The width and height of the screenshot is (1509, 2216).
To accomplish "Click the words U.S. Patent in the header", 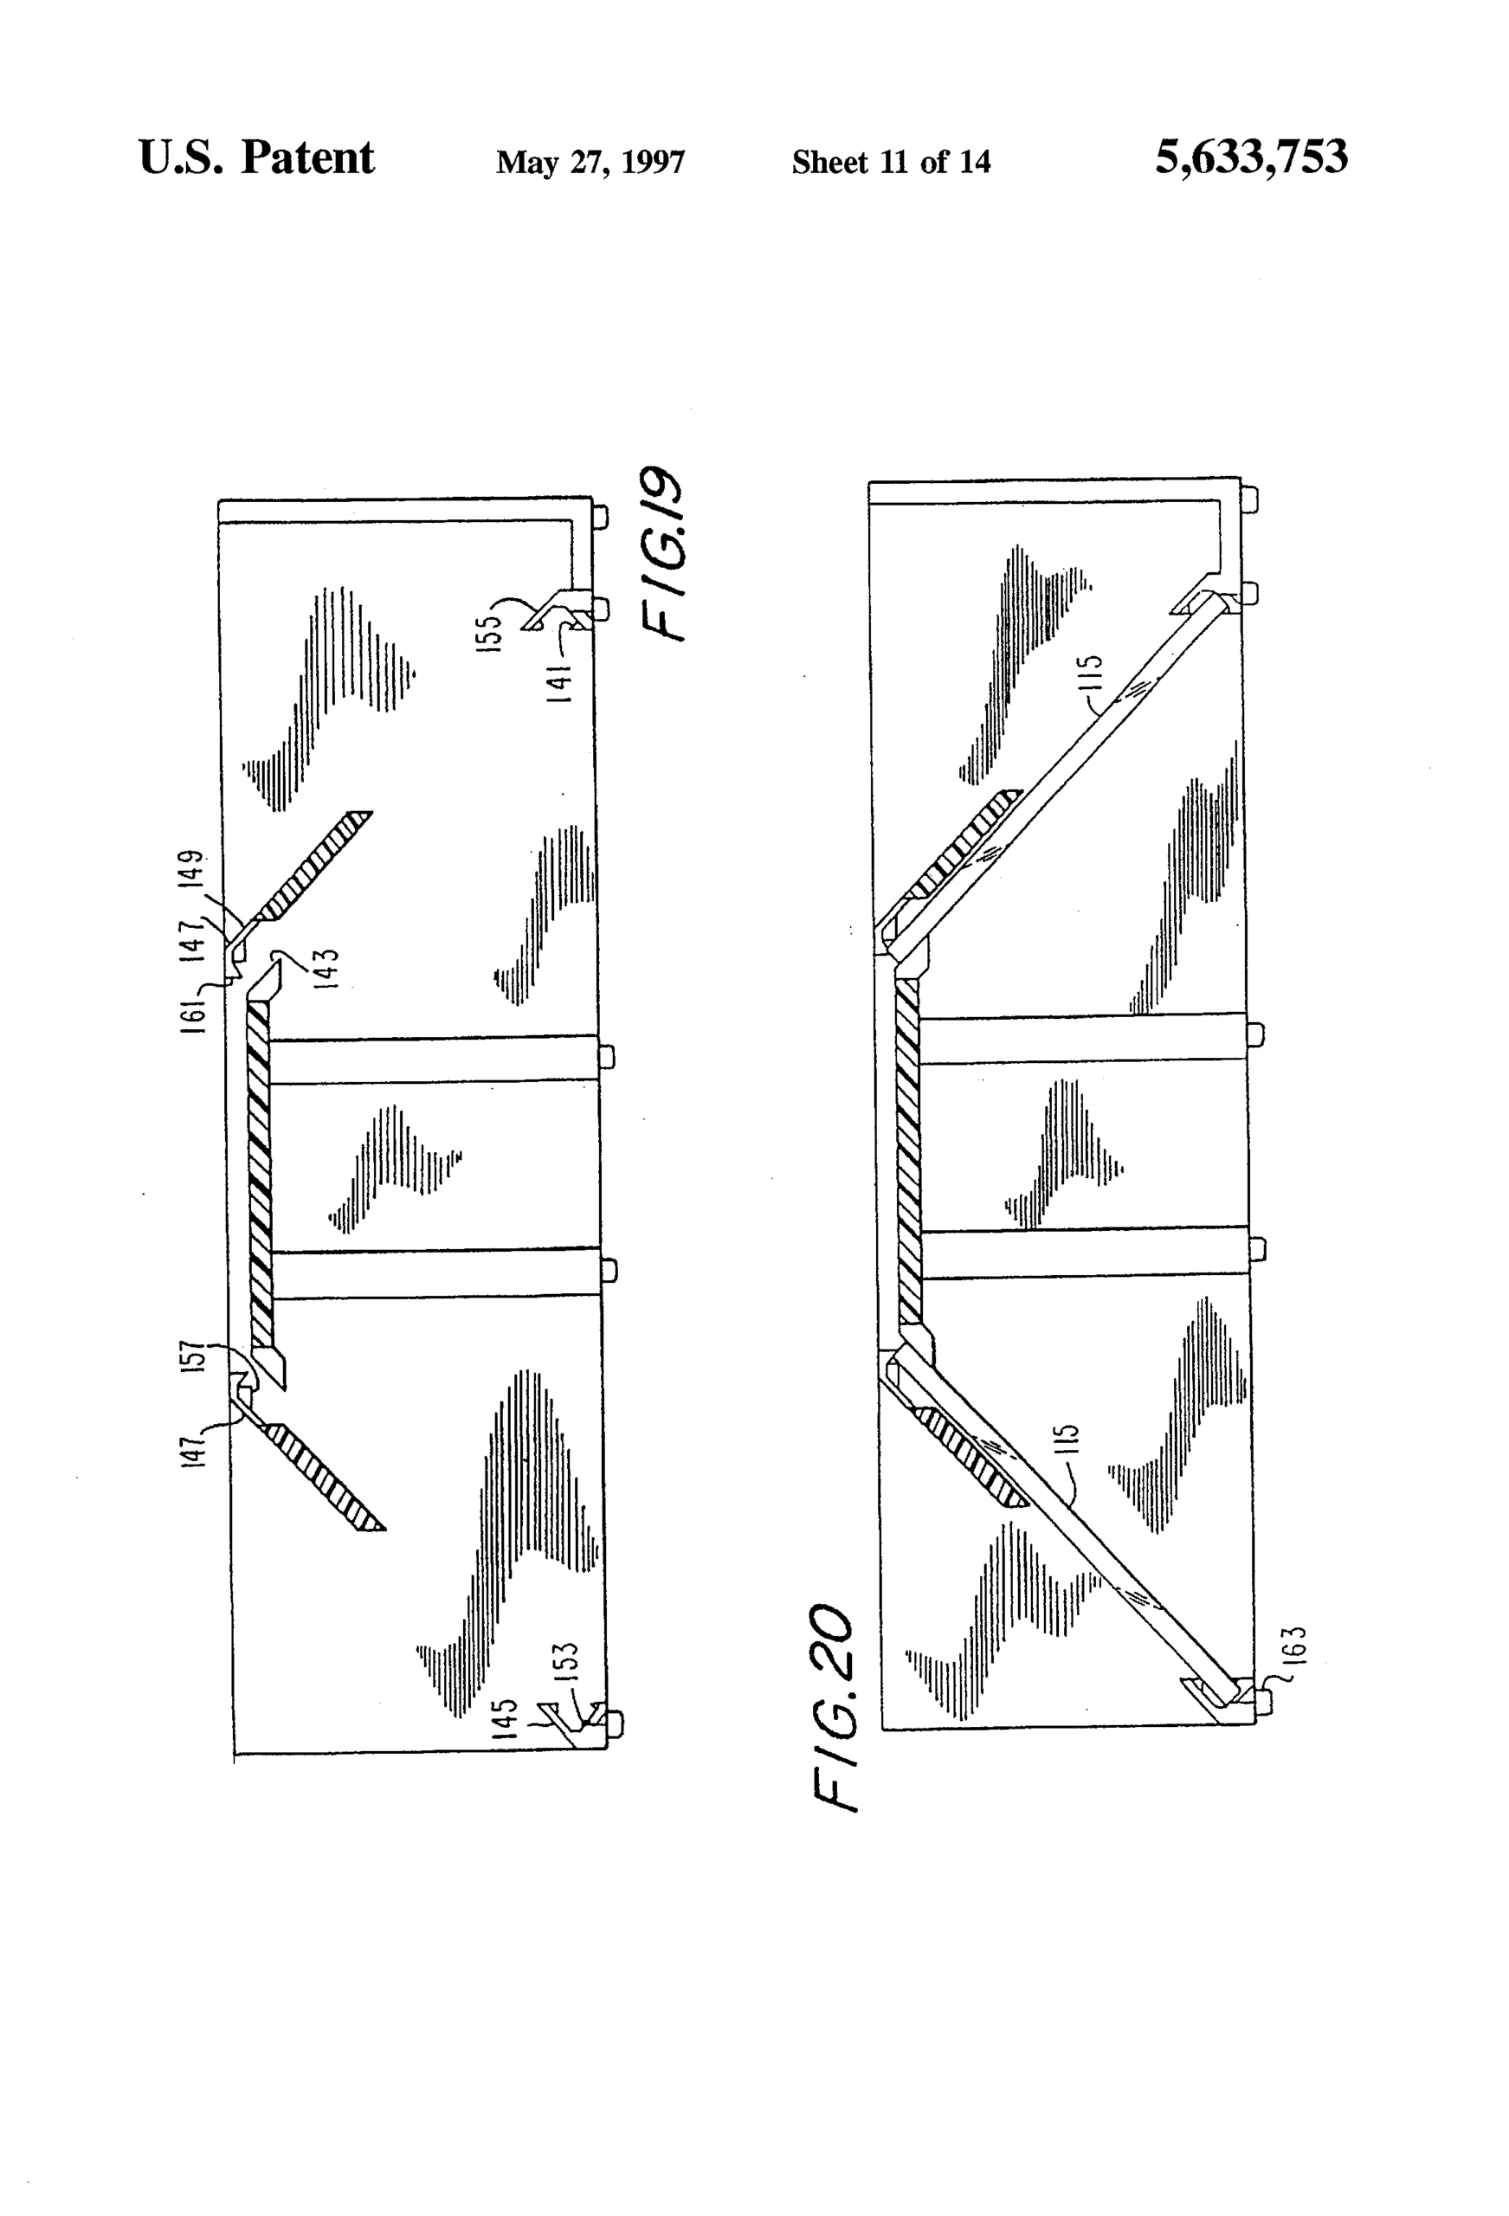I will (x=255, y=158).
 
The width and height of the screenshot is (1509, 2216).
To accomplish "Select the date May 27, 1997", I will (x=590, y=162).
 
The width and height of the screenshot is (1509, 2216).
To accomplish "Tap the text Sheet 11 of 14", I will (x=890, y=162).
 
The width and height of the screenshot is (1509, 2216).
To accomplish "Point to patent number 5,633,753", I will (x=1250, y=158).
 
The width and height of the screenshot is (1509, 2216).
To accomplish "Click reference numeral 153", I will (x=564, y=1661).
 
